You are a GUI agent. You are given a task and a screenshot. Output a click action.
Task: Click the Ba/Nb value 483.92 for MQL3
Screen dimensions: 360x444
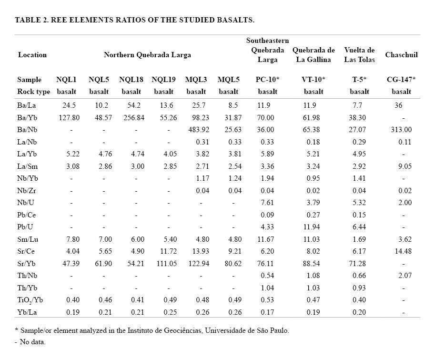point(196,130)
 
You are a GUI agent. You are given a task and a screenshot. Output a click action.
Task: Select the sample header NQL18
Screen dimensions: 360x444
point(131,80)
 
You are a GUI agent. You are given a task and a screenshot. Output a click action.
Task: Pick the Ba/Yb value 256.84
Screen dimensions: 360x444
point(131,118)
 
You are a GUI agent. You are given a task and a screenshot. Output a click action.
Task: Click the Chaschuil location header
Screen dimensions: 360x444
point(401,55)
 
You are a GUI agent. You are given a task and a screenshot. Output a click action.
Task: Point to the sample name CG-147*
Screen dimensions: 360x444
point(401,80)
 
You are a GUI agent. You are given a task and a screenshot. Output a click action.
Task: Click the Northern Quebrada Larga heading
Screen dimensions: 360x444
point(147,55)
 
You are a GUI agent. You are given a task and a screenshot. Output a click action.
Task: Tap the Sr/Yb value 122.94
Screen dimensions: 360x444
point(196,264)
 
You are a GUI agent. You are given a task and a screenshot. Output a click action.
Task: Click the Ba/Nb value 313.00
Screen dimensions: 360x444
point(402,130)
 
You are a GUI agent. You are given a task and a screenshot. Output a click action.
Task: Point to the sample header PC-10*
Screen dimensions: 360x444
point(267,80)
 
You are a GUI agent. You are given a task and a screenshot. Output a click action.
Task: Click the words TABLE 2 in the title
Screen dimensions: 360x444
point(31,20)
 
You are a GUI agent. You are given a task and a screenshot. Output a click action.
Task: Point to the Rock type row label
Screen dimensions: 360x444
point(33,92)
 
